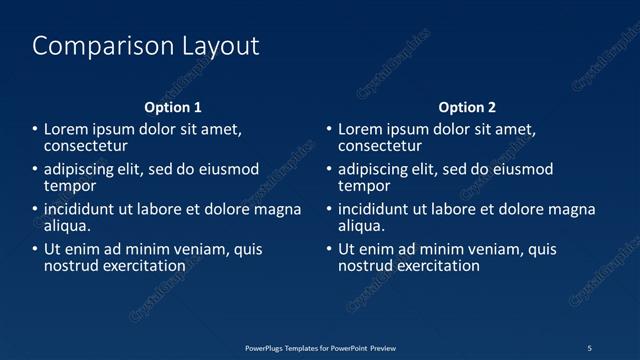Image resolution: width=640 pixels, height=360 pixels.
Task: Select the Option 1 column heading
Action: click(173, 107)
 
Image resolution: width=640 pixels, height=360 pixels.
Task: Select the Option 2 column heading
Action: click(467, 107)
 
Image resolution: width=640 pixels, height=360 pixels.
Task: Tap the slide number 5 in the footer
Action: click(589, 348)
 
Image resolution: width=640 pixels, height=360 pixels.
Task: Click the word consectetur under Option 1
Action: click(85, 146)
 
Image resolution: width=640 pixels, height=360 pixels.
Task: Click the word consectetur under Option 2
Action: click(380, 146)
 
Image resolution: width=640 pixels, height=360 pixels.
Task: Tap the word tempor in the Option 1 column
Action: click(70, 186)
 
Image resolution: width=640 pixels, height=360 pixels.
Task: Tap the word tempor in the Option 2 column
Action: click(364, 186)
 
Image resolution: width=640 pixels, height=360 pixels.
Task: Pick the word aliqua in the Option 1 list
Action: click(67, 226)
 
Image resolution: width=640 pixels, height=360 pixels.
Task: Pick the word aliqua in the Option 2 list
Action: click(361, 226)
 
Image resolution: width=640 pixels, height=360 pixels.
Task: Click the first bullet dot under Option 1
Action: click(34, 130)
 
